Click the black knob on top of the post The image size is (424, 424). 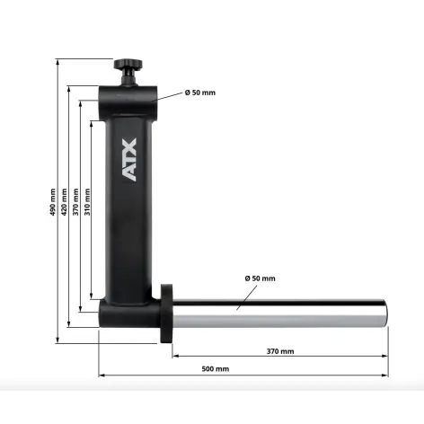tap(128, 66)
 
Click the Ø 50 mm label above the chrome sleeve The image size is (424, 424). tap(259, 278)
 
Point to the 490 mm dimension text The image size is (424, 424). tap(53, 202)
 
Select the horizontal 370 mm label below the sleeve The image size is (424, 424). tap(279, 350)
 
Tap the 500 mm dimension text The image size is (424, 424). tap(216, 369)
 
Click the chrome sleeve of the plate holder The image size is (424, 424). tap(278, 314)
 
